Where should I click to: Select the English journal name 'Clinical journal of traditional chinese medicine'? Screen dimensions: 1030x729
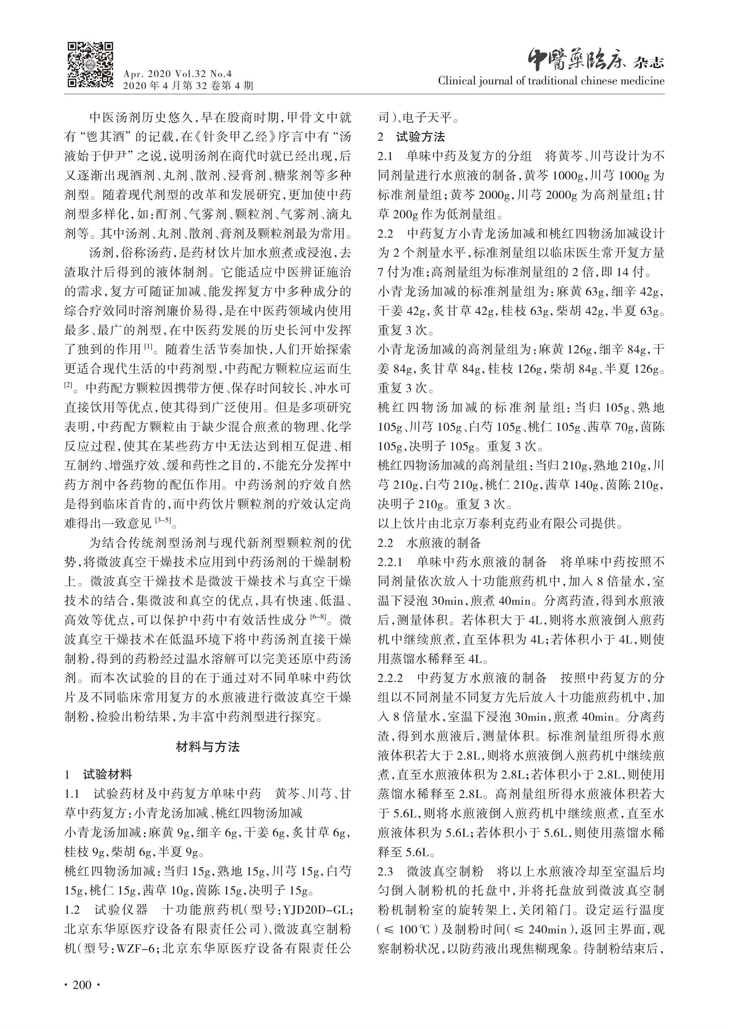(551, 81)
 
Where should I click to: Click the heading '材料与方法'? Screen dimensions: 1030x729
(207, 747)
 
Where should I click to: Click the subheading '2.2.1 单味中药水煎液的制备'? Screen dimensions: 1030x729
(462, 561)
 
